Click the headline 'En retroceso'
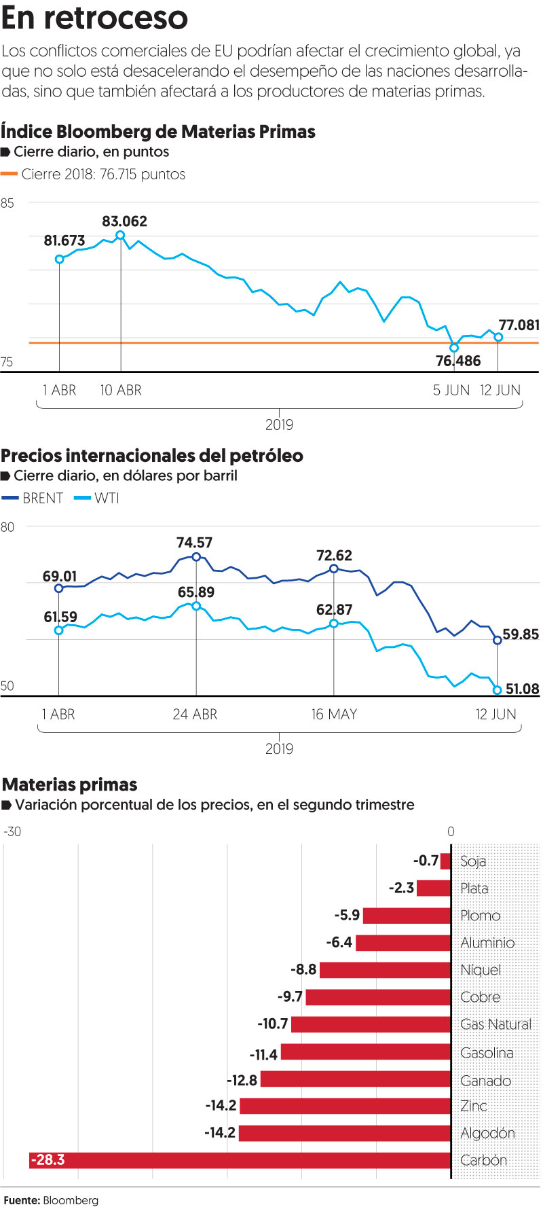point(94,18)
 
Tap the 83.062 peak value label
point(124,221)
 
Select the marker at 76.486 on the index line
point(454,348)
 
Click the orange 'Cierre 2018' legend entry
point(94,175)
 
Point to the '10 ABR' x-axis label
point(121,391)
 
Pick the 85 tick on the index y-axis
point(7,203)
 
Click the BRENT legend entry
point(33,498)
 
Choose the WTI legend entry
point(96,498)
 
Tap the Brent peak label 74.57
point(194,543)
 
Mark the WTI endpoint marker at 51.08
point(497,690)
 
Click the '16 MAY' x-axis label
point(334,715)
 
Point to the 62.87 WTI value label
point(334,610)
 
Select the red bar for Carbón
point(240,1160)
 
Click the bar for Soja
point(446,861)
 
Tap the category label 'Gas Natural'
point(495,1024)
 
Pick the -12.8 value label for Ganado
point(242,1080)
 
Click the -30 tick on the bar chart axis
point(12,832)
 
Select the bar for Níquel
point(385,970)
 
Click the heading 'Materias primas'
point(69,785)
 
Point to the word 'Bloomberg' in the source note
point(71,1200)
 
